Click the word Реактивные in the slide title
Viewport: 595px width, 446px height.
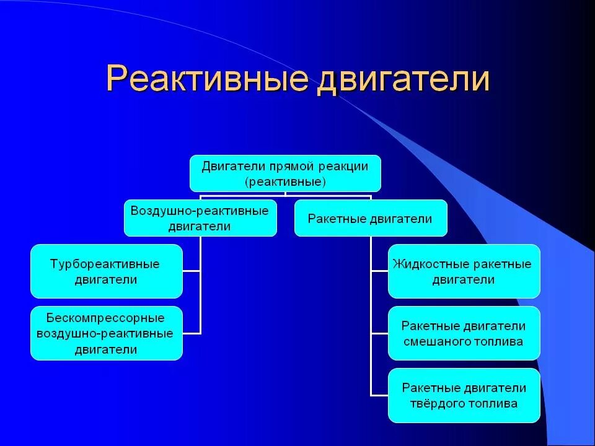pyautogui.click(x=207, y=79)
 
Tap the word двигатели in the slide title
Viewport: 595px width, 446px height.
pyautogui.click(x=403, y=79)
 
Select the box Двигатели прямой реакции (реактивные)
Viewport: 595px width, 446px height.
pyautogui.click(x=285, y=173)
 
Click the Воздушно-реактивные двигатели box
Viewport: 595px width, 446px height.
pyautogui.click(x=200, y=218)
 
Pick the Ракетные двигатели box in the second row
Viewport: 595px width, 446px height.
pyautogui.click(x=371, y=218)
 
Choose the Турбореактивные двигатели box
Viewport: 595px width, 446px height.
pyautogui.click(x=107, y=271)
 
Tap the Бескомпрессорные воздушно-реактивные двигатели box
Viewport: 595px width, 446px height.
pyautogui.click(x=107, y=333)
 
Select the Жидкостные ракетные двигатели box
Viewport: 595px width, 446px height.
pyautogui.click(x=464, y=271)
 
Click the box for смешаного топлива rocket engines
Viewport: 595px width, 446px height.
pyautogui.click(x=464, y=333)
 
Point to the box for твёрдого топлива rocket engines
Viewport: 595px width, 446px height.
pyautogui.click(x=464, y=395)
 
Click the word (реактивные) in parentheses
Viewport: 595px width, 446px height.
pyautogui.click(x=285, y=181)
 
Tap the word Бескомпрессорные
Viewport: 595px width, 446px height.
pyautogui.click(x=105, y=318)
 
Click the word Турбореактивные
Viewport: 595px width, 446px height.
pyautogui.click(x=105, y=265)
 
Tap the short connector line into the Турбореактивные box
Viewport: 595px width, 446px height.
pyautogui.click(x=192, y=271)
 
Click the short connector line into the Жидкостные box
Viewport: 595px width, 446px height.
pyautogui.click(x=379, y=271)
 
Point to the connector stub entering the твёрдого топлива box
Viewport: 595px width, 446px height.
pyautogui.click(x=379, y=395)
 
